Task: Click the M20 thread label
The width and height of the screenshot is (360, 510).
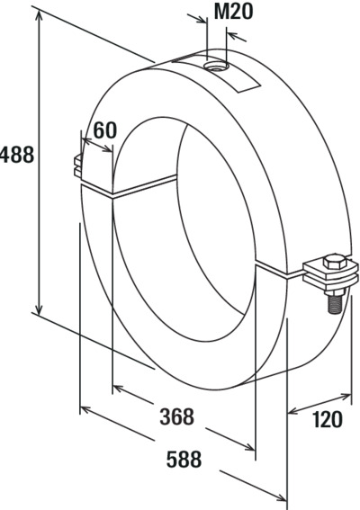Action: click(x=233, y=12)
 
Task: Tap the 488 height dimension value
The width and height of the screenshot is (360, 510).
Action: click(x=17, y=155)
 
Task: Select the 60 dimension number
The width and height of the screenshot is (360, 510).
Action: click(x=104, y=130)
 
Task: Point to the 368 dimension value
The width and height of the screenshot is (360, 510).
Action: click(x=176, y=416)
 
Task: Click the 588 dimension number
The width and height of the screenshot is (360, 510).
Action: click(x=184, y=459)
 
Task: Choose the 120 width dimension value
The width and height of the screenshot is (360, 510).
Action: click(x=327, y=419)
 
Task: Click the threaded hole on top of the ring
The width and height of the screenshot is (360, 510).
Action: click(x=217, y=67)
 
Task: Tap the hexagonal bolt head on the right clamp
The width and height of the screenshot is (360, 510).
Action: click(x=335, y=262)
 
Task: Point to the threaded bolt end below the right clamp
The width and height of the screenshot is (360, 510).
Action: click(x=334, y=302)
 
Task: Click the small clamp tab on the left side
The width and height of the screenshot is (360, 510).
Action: click(x=77, y=166)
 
